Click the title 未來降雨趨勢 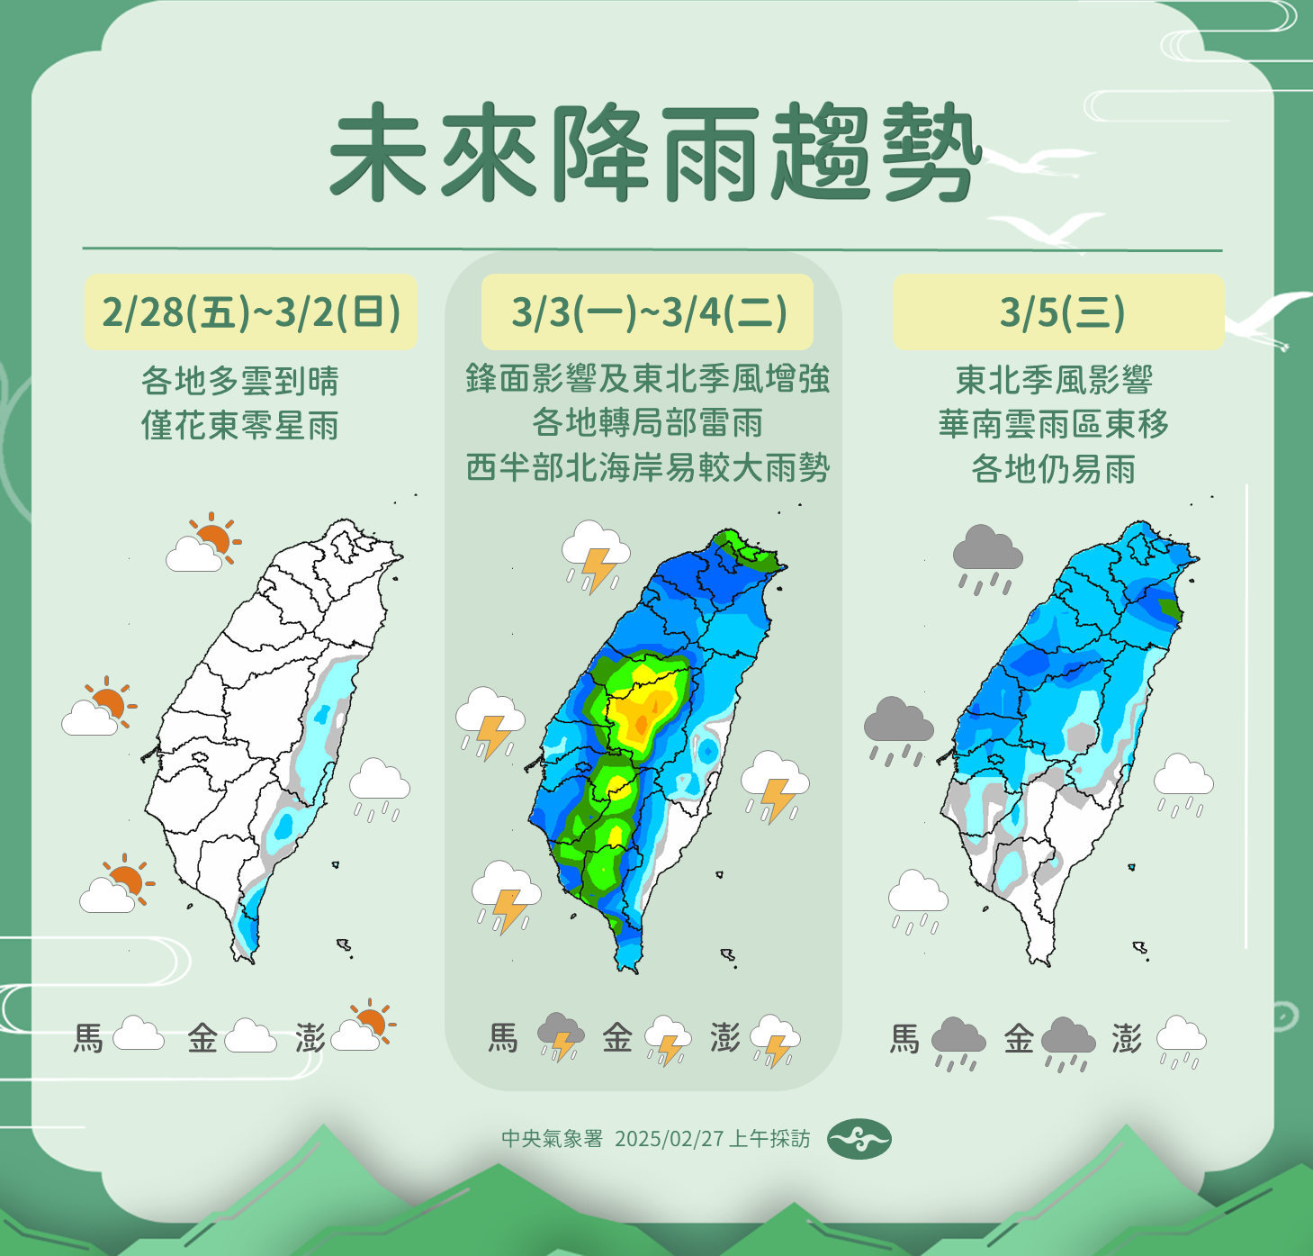point(653,153)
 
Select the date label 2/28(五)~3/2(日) point(250,312)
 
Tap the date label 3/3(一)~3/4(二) point(648,312)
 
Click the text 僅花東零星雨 point(240,425)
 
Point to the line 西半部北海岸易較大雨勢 point(648,467)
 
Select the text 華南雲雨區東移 point(1054,423)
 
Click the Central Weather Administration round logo point(859,1139)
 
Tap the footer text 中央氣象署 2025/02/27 point(655,1139)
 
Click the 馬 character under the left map point(88,1038)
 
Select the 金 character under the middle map point(617,1038)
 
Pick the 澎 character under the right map point(1127,1038)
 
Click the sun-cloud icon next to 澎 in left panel point(364,1027)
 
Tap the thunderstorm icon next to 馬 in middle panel point(561,1036)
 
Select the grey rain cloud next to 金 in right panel point(1068,1042)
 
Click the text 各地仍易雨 point(1054,468)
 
